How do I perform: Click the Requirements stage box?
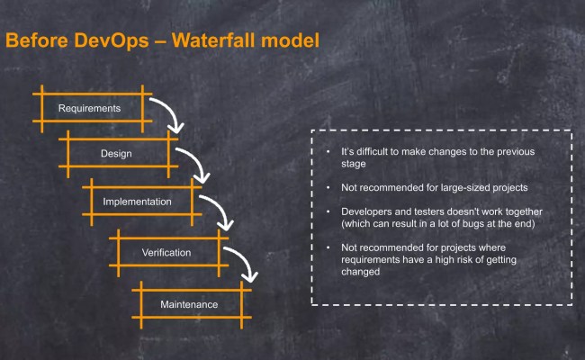[89, 109]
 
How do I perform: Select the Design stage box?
[115, 154]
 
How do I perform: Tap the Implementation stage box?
[137, 202]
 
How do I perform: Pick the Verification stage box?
[166, 252]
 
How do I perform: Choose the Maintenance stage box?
[189, 304]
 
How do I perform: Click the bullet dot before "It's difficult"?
[328, 152]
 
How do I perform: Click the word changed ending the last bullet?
[361, 271]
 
